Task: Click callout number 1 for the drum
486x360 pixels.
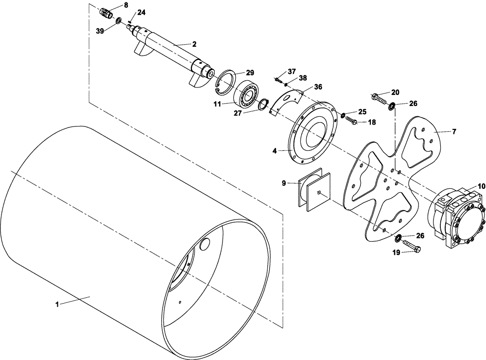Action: [57, 304]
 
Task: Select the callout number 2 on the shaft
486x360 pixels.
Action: [194, 44]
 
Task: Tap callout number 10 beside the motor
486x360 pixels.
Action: [481, 186]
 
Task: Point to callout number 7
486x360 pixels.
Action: [454, 132]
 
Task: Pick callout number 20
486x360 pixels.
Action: [395, 92]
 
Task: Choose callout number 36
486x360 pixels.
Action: [318, 87]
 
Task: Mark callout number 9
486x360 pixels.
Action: [284, 183]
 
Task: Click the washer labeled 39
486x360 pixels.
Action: [118, 20]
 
